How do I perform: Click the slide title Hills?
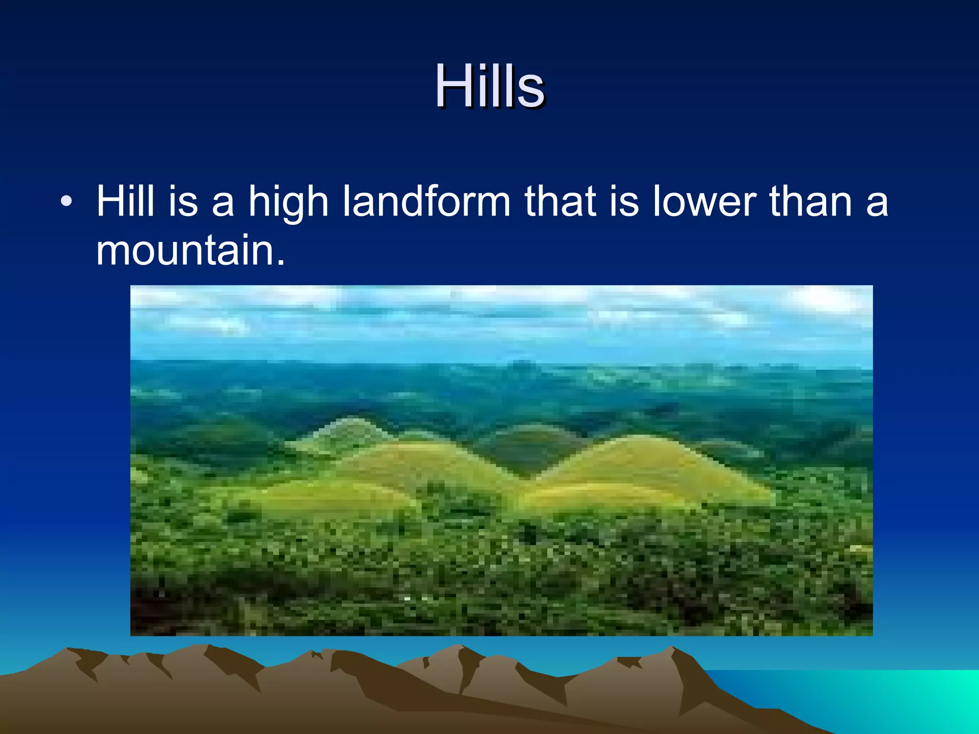pyautogui.click(x=489, y=87)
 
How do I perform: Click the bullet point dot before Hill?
pyautogui.click(x=66, y=201)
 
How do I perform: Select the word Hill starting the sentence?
pyautogui.click(x=125, y=201)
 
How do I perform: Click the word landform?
pyautogui.click(x=426, y=201)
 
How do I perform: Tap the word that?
pyautogui.click(x=560, y=201)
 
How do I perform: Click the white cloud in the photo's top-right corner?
pyautogui.click(x=827, y=301)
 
